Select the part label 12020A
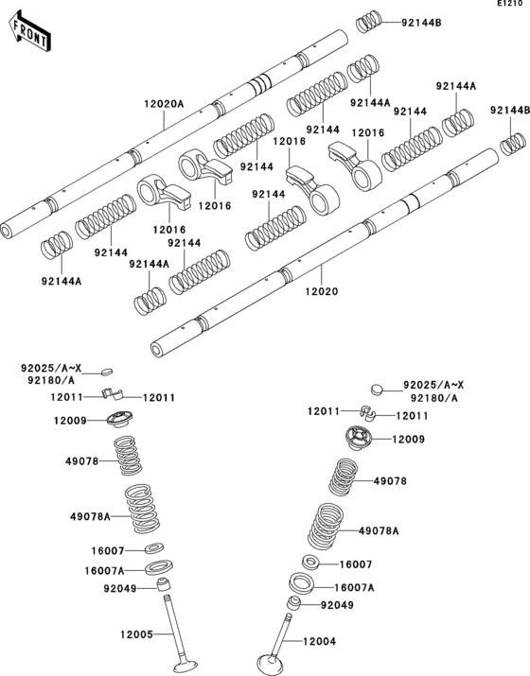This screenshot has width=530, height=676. [164, 105]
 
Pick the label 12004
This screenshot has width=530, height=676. [320, 642]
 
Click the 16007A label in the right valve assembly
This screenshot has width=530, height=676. [355, 586]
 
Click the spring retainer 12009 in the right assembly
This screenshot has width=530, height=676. [359, 442]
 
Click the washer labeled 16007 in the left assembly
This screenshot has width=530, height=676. [155, 549]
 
